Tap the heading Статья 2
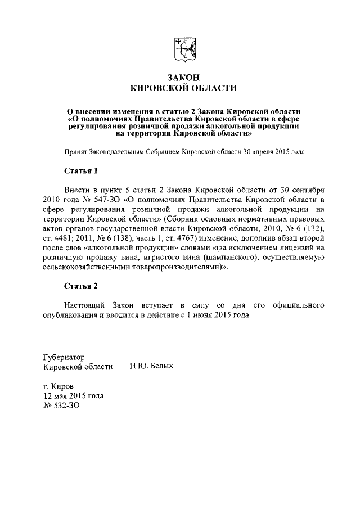click(80, 286)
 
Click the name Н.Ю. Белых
click(151, 366)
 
